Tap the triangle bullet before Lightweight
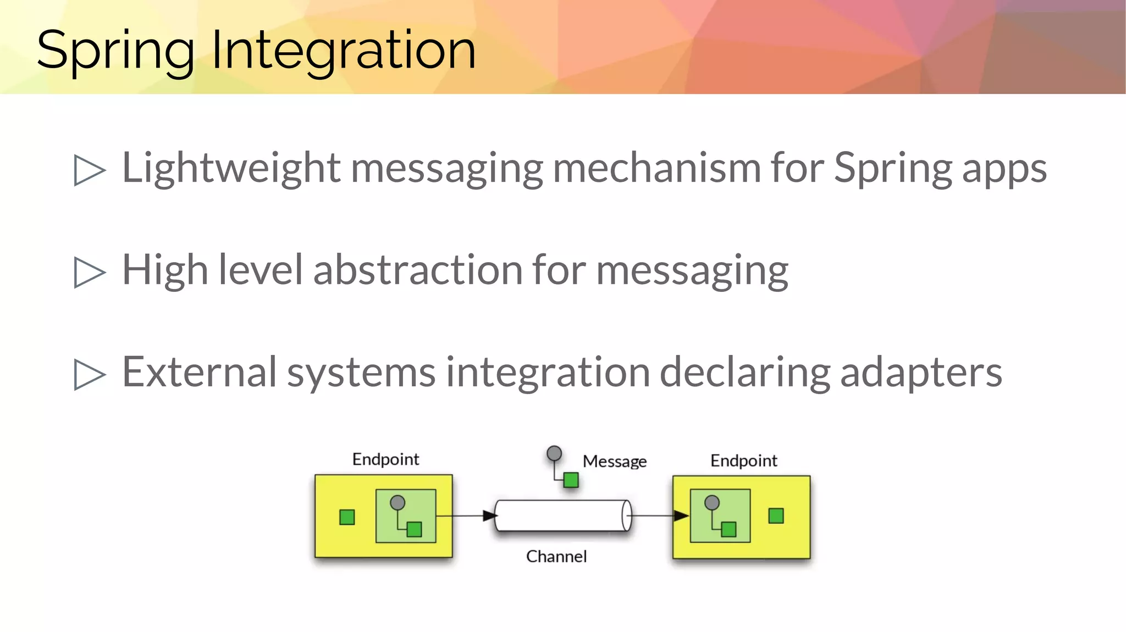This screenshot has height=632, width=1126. (x=89, y=170)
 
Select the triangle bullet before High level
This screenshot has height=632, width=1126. (x=89, y=273)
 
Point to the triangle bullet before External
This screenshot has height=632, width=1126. (x=89, y=375)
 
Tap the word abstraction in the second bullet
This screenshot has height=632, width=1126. (x=418, y=270)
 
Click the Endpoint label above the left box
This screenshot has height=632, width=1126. (x=385, y=459)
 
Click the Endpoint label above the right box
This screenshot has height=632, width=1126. (x=743, y=461)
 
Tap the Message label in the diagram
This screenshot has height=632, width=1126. (x=614, y=462)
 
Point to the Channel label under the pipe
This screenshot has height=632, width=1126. (x=556, y=557)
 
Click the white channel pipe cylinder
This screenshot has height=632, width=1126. (x=561, y=515)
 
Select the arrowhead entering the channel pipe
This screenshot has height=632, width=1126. (x=489, y=515)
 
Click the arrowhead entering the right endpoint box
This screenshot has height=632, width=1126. (x=681, y=515)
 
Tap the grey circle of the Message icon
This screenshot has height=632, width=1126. (x=554, y=453)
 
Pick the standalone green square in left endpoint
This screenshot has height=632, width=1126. (x=347, y=517)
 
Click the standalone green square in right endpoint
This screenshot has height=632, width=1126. (x=776, y=515)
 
